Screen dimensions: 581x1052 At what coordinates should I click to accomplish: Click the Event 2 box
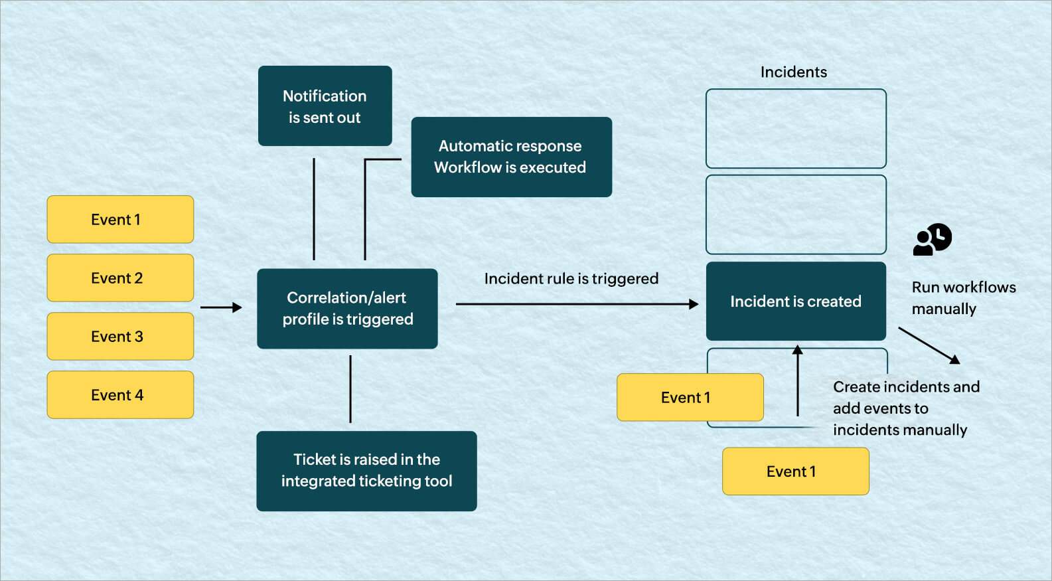(x=120, y=278)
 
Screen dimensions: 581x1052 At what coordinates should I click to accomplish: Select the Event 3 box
(x=120, y=336)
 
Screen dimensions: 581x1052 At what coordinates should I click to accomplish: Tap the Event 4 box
(x=120, y=394)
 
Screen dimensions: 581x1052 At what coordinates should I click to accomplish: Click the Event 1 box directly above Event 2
(x=120, y=219)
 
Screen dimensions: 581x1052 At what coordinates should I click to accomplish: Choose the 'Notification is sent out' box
(x=325, y=106)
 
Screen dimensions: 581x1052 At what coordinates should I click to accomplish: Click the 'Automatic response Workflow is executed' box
(x=511, y=157)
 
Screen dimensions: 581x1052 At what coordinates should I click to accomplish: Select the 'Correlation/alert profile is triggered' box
(x=347, y=309)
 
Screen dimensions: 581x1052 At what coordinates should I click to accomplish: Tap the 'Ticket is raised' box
(x=366, y=471)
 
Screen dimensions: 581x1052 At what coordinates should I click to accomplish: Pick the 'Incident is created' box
(x=796, y=301)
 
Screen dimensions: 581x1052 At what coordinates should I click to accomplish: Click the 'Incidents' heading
(x=794, y=72)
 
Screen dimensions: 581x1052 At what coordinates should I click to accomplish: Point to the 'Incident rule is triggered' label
(x=571, y=278)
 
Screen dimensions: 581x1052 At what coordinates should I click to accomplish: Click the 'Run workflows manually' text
(x=963, y=297)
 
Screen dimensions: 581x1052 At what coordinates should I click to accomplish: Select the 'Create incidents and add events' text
(x=905, y=408)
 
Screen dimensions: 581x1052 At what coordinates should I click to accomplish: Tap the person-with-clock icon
(x=933, y=239)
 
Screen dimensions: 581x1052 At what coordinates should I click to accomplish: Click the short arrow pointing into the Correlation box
(x=221, y=307)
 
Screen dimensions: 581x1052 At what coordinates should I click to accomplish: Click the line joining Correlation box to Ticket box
(x=350, y=389)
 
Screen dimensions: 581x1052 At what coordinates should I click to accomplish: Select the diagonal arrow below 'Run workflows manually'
(x=929, y=345)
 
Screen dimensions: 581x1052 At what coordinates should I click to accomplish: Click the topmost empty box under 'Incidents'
(x=796, y=128)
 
